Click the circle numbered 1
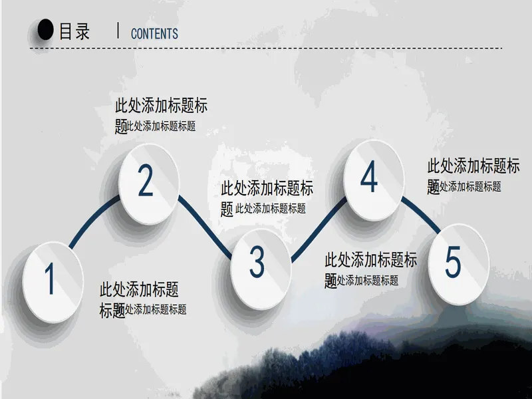(x=53, y=282)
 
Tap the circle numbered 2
(x=148, y=184)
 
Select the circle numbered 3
(x=261, y=269)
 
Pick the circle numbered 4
(x=374, y=180)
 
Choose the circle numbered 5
(x=459, y=264)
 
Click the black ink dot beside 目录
(x=45, y=29)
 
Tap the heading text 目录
(x=74, y=31)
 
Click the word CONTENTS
(x=154, y=34)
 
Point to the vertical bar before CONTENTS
(x=118, y=30)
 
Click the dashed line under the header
(x=266, y=48)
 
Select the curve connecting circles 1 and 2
(x=92, y=219)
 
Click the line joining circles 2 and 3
(x=205, y=227)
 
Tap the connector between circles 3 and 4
(x=319, y=229)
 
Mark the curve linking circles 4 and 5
(x=421, y=213)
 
